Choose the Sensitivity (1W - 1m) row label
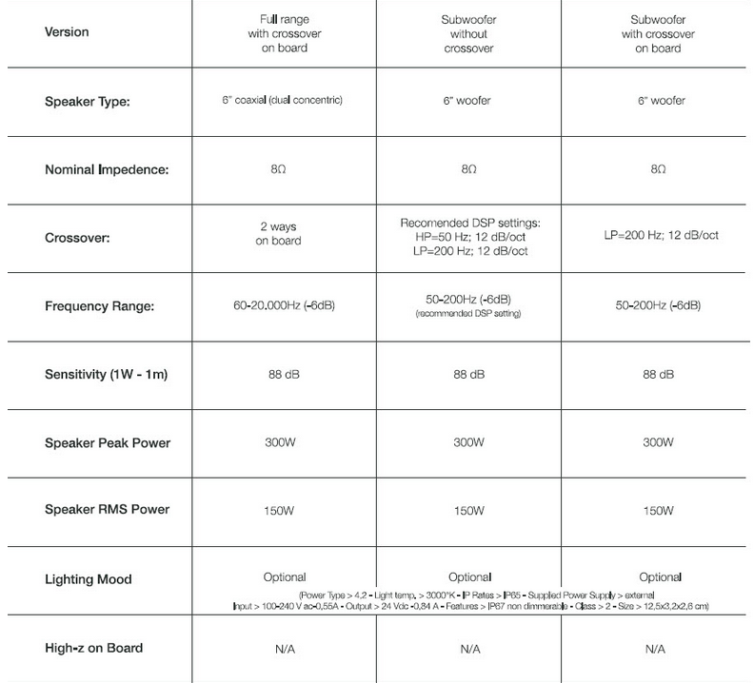tap(107, 374)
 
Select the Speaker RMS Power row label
tap(106, 510)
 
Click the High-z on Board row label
tap(93, 648)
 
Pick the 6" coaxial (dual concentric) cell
tap(283, 100)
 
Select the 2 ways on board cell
tap(283, 234)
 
